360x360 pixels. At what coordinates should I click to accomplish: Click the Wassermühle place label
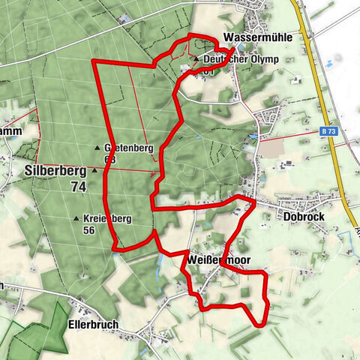tap(256, 37)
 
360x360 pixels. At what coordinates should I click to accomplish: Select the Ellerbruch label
tap(94, 325)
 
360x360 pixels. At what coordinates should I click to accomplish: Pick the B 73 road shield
tap(327, 131)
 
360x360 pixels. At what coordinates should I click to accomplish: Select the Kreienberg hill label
tap(109, 218)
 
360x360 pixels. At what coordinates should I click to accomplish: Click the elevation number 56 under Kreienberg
tap(88, 230)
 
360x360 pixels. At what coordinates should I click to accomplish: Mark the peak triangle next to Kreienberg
tap(76, 218)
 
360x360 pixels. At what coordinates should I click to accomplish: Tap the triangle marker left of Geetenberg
tap(97, 148)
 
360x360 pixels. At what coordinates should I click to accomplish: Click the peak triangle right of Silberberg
tap(94, 170)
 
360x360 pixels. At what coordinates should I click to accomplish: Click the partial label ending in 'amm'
tap(10, 132)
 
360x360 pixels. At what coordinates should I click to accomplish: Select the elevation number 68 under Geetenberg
tap(110, 159)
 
